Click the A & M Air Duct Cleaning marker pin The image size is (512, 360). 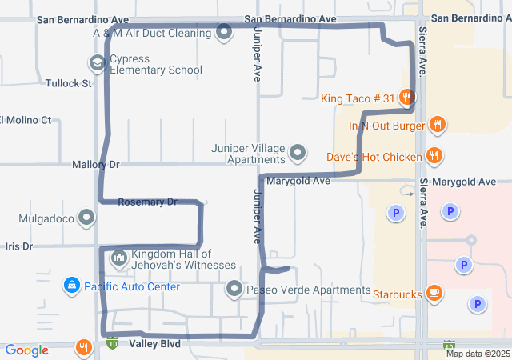click(225, 33)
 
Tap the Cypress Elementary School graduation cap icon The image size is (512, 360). click(97, 63)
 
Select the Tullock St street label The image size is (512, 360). click(69, 83)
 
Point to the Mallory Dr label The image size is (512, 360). click(95, 165)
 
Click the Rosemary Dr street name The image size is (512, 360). click(147, 202)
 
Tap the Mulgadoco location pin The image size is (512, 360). click(87, 218)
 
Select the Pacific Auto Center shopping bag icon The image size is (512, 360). click(72, 285)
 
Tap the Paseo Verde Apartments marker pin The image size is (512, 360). click(234, 288)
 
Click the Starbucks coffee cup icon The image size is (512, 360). click(434, 294)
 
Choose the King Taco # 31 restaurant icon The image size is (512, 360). click(407, 98)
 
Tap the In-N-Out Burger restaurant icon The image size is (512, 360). click(437, 125)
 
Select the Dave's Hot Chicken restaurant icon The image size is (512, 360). click(434, 155)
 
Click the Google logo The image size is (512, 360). click(26, 350)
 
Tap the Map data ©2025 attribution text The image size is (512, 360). click(477, 354)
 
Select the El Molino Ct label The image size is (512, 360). click(26, 120)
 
